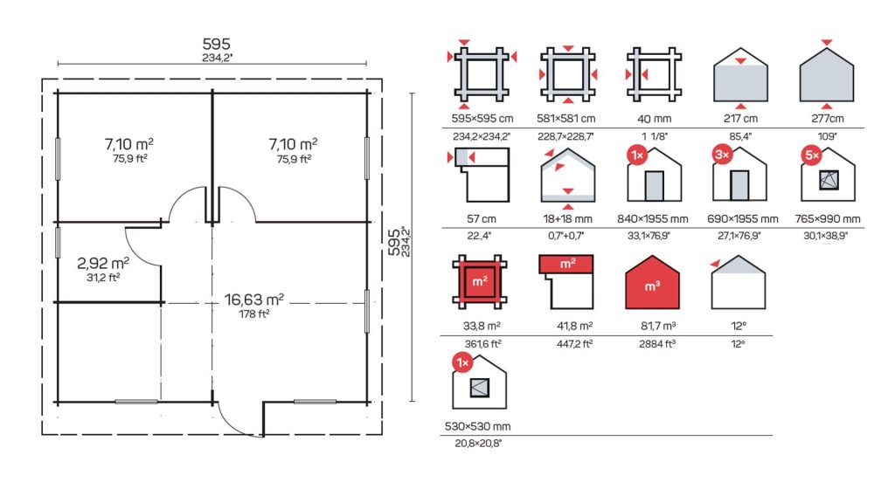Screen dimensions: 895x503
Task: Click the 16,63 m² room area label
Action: pos(254,300)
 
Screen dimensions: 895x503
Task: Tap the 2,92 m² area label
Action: pos(103,263)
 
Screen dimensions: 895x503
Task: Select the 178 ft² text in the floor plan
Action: pos(254,314)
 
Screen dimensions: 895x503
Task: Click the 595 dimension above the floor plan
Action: pos(217,44)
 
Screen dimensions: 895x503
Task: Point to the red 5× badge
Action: pos(811,155)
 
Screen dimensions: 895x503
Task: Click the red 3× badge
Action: pos(723,155)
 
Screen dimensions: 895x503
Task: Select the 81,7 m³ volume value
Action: pos(657,326)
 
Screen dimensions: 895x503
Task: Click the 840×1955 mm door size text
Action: pos(652,219)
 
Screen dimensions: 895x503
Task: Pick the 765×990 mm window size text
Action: pos(828,219)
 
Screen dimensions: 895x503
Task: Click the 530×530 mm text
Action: pos(478,426)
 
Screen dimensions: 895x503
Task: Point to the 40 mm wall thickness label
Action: pos(654,119)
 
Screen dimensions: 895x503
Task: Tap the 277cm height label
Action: pos(827,119)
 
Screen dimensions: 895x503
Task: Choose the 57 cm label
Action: pos(482,219)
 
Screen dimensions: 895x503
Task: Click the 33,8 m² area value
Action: pos(482,326)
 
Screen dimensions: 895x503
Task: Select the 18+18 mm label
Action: pos(567,219)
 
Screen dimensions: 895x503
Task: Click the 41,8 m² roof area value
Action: pos(574,326)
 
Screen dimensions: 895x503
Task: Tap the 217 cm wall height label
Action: pos(740,119)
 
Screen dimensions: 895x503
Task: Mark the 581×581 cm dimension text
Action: pos(565,119)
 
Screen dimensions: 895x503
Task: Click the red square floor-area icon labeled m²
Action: pos(480,282)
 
